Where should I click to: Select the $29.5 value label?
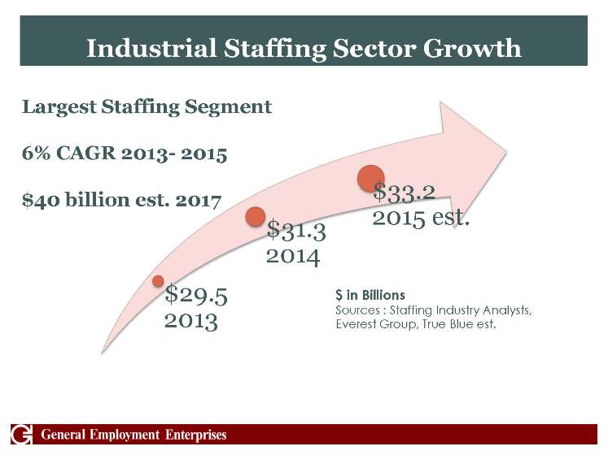[195, 294]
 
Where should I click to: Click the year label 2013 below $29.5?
[190, 320]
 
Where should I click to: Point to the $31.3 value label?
[296, 232]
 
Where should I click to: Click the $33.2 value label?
[404, 193]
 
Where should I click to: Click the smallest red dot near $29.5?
[159, 281]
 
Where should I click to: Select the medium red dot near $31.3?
[256, 216]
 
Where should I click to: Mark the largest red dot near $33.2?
[371, 178]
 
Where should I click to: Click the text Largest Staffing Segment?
[147, 107]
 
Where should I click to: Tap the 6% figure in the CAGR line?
[33, 154]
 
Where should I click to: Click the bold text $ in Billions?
[370, 295]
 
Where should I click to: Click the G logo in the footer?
[22, 435]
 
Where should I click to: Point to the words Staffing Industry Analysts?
[461, 310]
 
